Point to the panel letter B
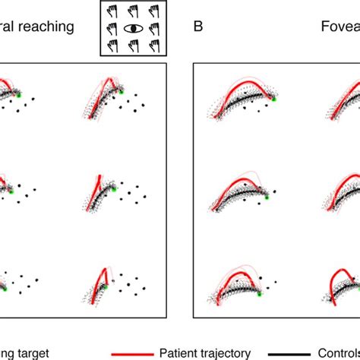click(x=198, y=27)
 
